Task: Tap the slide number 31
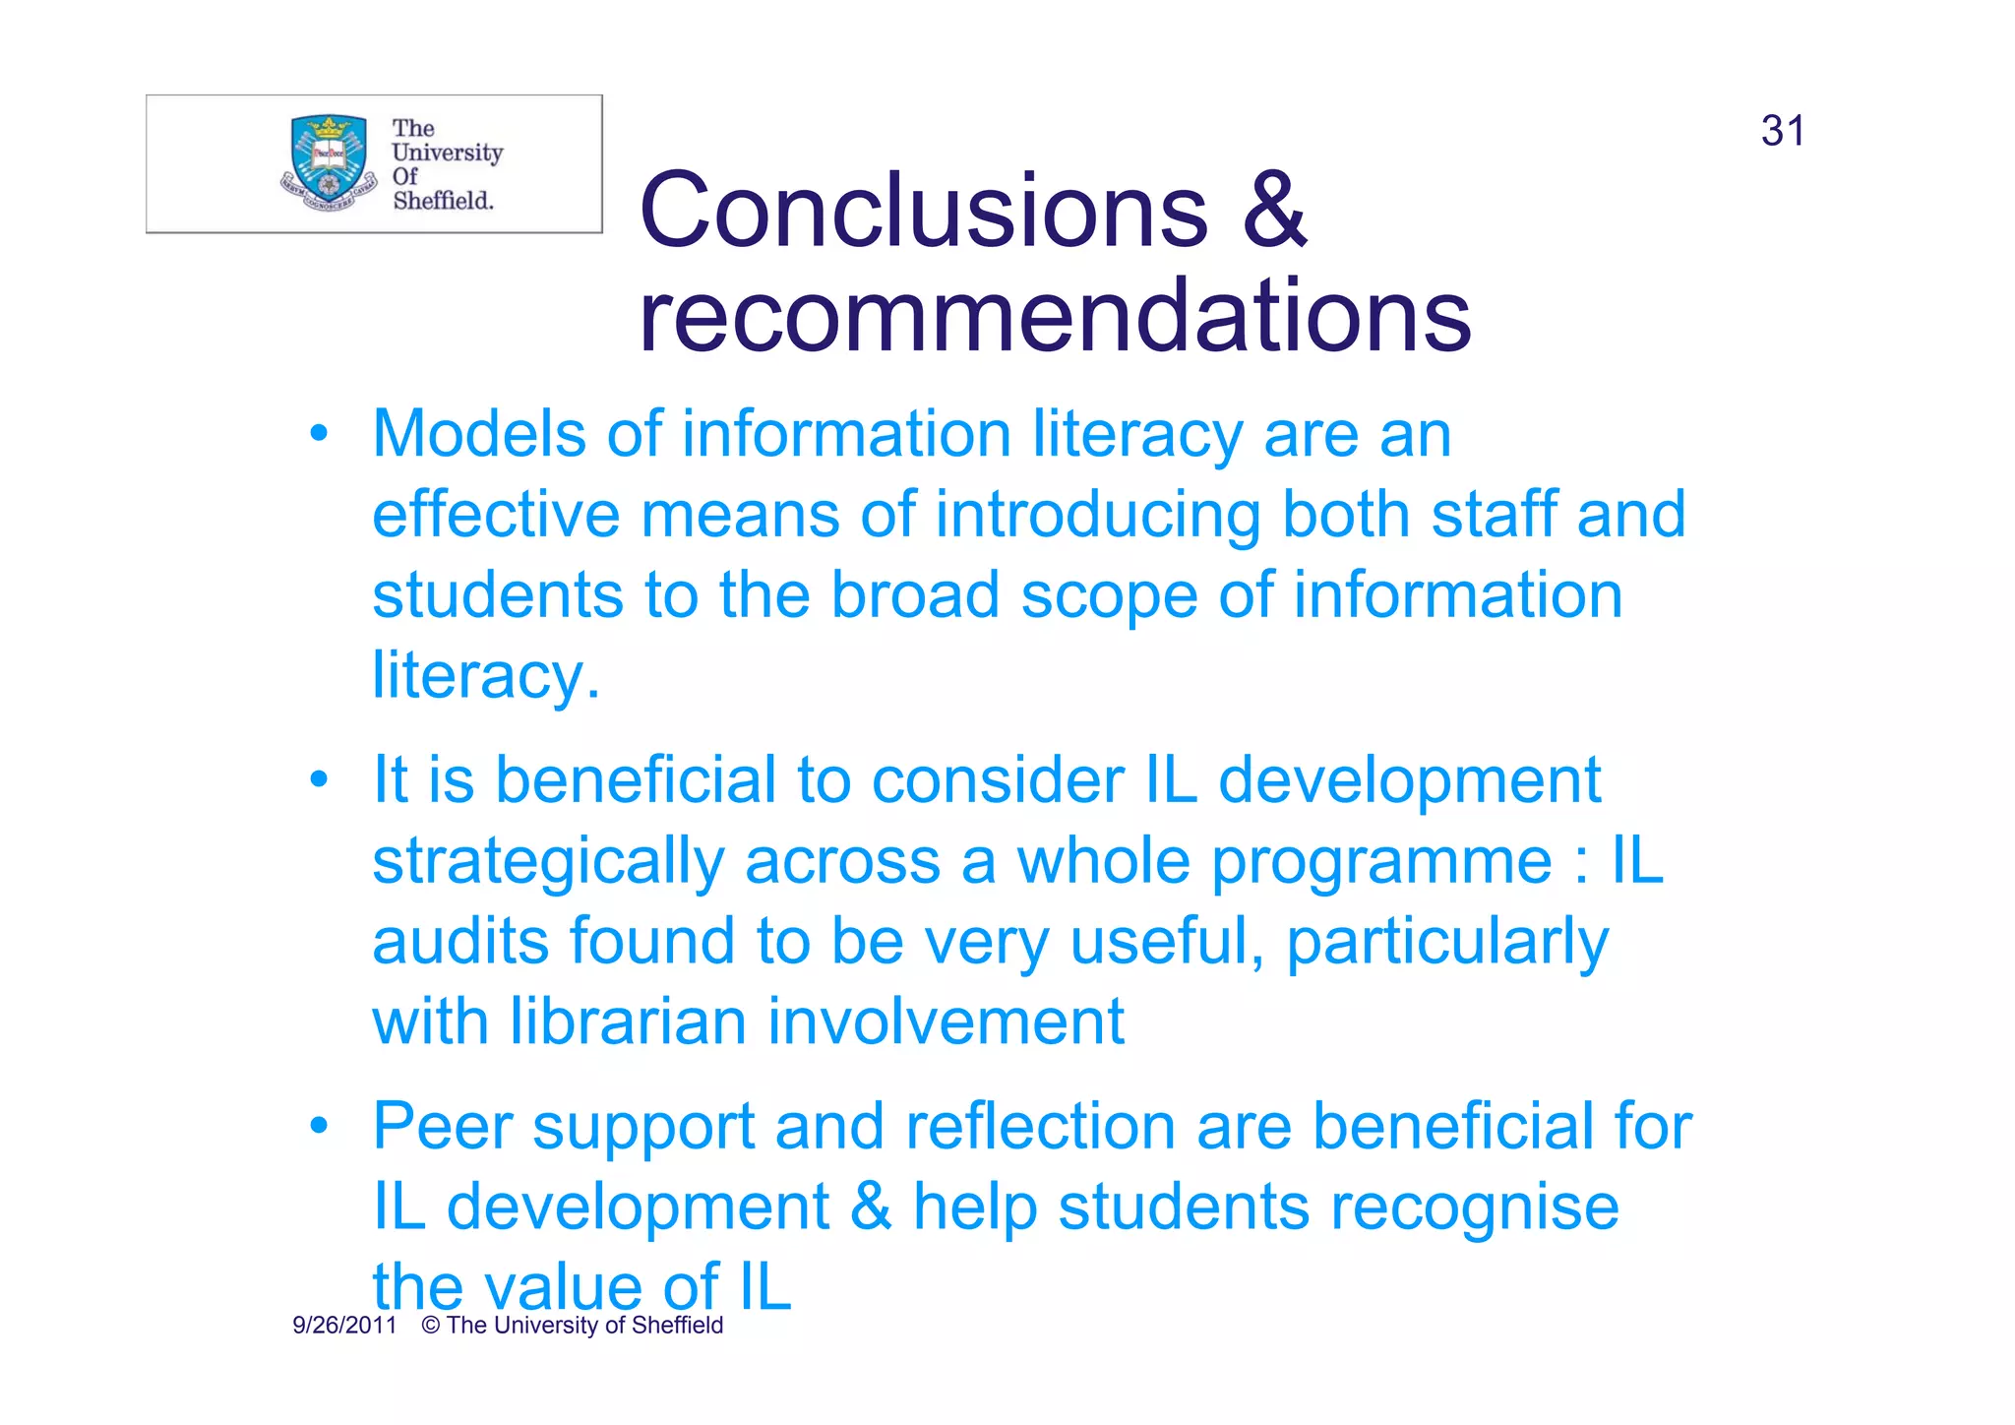coord(1783,131)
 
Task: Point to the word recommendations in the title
coord(1054,316)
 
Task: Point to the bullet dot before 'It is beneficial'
coord(318,779)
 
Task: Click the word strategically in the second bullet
coord(548,862)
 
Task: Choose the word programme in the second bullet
coord(1381,862)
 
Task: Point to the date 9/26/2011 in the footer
coord(344,1326)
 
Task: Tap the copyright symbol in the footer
coord(430,1326)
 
